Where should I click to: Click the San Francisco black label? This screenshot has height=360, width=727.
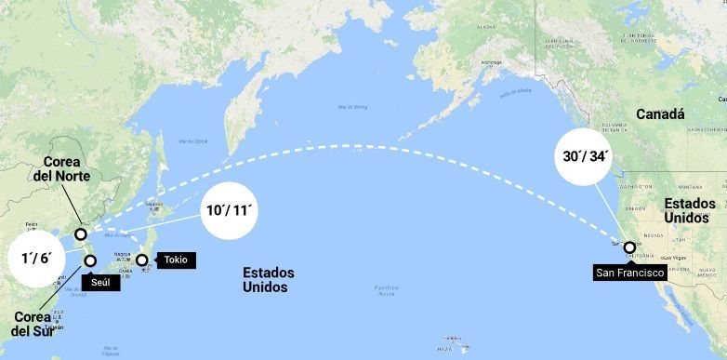pyautogui.click(x=630, y=273)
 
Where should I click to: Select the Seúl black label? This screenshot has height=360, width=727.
pyautogui.click(x=101, y=281)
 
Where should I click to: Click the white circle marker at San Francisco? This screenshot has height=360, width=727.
pyautogui.click(x=630, y=248)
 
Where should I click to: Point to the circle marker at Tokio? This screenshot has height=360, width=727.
pyautogui.click(x=142, y=260)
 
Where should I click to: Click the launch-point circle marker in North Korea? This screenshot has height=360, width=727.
pyautogui.click(x=82, y=234)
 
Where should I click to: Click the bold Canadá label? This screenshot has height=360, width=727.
pyautogui.click(x=660, y=114)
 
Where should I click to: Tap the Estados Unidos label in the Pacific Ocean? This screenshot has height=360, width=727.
pyautogui.click(x=269, y=280)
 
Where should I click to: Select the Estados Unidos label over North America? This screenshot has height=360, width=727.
pyautogui.click(x=690, y=210)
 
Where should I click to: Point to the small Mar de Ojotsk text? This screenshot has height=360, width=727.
pyautogui.click(x=192, y=140)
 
